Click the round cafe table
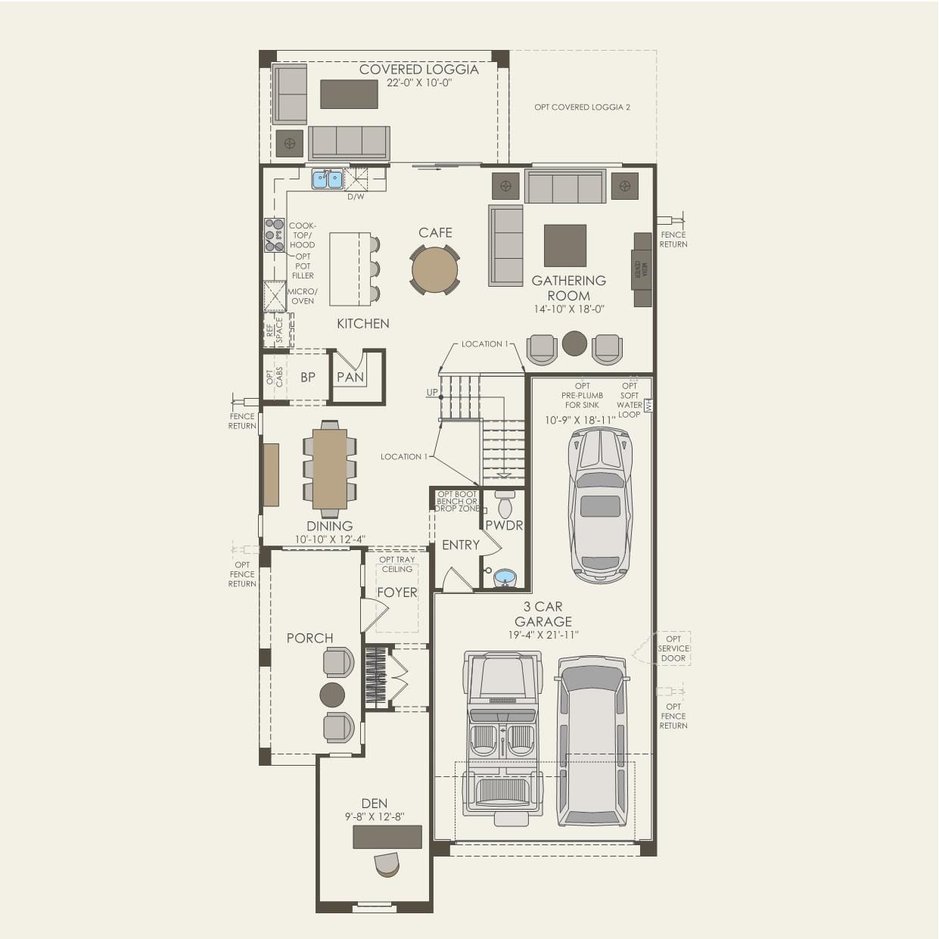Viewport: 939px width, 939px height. pyautogui.click(x=435, y=269)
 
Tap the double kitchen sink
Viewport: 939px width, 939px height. pyautogui.click(x=328, y=179)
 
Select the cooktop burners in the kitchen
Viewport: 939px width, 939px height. pyautogui.click(x=274, y=235)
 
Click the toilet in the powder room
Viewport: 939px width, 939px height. pyautogui.click(x=505, y=505)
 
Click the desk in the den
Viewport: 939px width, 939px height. pyautogui.click(x=387, y=837)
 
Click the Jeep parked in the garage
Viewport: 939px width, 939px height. pyautogui.click(x=504, y=734)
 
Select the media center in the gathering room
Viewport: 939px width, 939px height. pyautogui.click(x=642, y=269)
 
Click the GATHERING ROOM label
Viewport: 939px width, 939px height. pyautogui.click(x=569, y=288)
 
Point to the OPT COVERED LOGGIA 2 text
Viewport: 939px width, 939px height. pyautogui.click(x=582, y=107)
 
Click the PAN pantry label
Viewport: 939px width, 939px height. pyautogui.click(x=350, y=377)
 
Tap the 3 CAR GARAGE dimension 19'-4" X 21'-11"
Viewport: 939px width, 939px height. pyautogui.click(x=543, y=636)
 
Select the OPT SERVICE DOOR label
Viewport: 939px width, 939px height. pyautogui.click(x=673, y=648)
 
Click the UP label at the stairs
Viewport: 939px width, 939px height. pyautogui.click(x=431, y=393)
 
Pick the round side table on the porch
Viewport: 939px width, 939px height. pyautogui.click(x=332, y=694)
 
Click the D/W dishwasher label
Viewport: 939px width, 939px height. pyautogui.click(x=356, y=197)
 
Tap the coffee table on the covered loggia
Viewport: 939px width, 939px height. pyautogui.click(x=349, y=94)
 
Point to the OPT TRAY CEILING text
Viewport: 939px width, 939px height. pyautogui.click(x=397, y=564)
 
